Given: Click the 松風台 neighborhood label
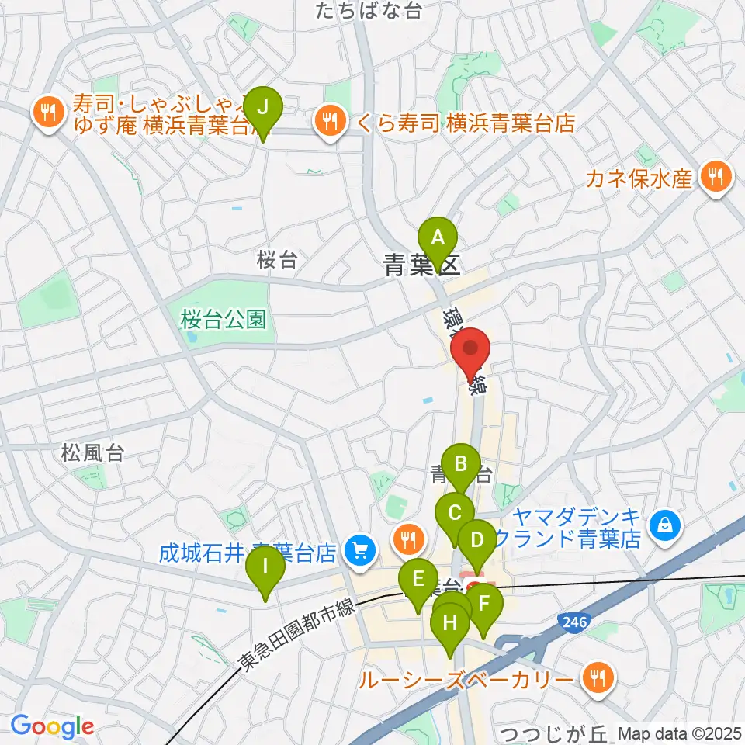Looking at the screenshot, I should click(x=94, y=453).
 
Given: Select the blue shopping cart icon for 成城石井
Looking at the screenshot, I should click(x=359, y=552).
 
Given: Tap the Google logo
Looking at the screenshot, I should click(x=52, y=727).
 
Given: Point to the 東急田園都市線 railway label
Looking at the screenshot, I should click(x=296, y=633).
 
